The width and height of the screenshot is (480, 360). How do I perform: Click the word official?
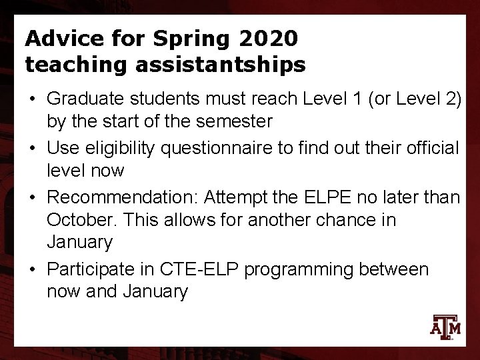coord(430,147)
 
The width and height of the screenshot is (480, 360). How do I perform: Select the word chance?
coord(349,219)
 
